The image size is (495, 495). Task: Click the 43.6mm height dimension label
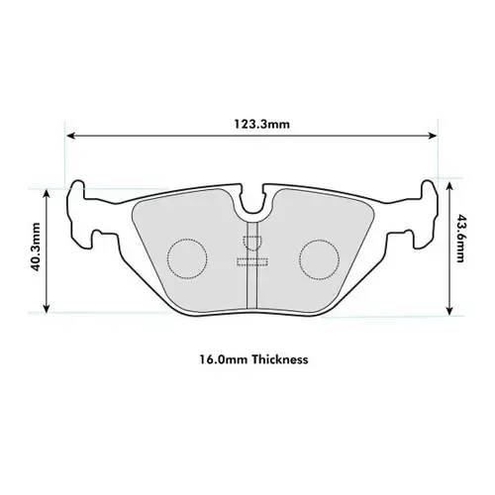click(461, 249)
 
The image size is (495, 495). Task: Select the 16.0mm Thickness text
click(254, 360)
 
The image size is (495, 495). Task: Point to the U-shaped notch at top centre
click(253, 204)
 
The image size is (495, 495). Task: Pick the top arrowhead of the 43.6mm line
click(449, 184)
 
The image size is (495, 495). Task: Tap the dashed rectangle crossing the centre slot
click(252, 261)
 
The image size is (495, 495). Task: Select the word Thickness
click(280, 360)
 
